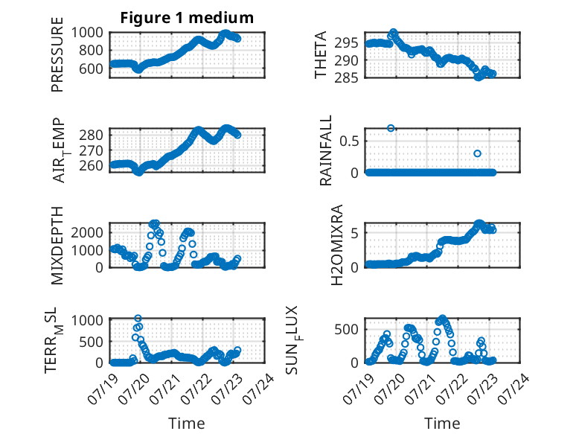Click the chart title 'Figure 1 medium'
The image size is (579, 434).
click(x=187, y=18)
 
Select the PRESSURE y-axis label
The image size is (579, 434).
click(x=57, y=54)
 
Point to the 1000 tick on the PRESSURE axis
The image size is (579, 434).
click(x=87, y=33)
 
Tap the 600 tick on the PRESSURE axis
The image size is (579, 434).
click(x=91, y=68)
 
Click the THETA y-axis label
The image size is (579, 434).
click(x=321, y=54)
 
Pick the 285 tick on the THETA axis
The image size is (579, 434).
click(x=346, y=78)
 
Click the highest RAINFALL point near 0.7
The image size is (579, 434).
click(x=391, y=128)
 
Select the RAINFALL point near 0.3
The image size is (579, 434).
click(x=477, y=153)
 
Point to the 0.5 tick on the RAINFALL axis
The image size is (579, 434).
click(x=349, y=141)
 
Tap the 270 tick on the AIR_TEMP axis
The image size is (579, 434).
click(x=91, y=150)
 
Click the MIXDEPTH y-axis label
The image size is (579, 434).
click(x=57, y=245)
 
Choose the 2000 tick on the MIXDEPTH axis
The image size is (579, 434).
click(x=87, y=233)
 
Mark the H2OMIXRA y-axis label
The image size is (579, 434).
click(x=337, y=245)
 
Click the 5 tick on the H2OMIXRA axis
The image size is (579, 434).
click(x=354, y=233)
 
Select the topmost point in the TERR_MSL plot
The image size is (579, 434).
click(x=138, y=319)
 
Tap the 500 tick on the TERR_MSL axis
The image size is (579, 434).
click(x=91, y=342)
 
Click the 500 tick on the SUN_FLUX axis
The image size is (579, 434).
click(x=346, y=330)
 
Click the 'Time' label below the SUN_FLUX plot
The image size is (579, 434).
click(x=442, y=424)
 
